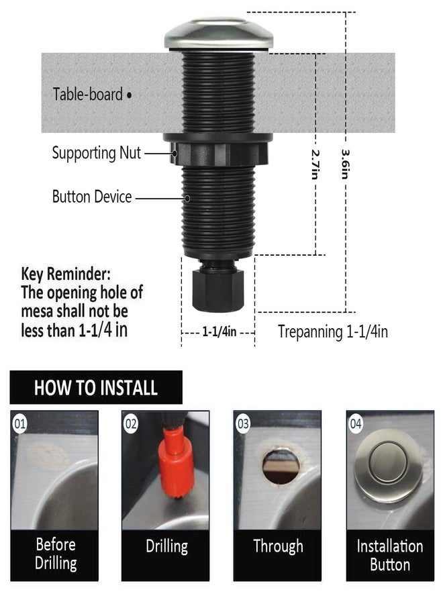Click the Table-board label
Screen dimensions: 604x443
click(x=88, y=94)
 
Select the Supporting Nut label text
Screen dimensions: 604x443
click(x=97, y=153)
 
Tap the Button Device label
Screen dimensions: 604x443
click(x=92, y=197)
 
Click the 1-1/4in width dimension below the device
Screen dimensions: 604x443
click(x=217, y=332)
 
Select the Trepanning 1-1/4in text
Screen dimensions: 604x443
click(x=333, y=331)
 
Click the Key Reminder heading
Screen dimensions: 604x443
click(x=66, y=274)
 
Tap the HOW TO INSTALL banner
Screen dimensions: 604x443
click(x=96, y=387)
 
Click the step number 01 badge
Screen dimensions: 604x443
click(x=20, y=424)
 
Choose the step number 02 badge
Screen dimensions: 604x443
click(x=131, y=424)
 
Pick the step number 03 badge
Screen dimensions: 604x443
click(x=243, y=424)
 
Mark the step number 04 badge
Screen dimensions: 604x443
click(x=356, y=424)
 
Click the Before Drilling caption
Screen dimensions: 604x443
click(x=56, y=553)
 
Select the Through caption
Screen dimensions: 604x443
click(x=278, y=546)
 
